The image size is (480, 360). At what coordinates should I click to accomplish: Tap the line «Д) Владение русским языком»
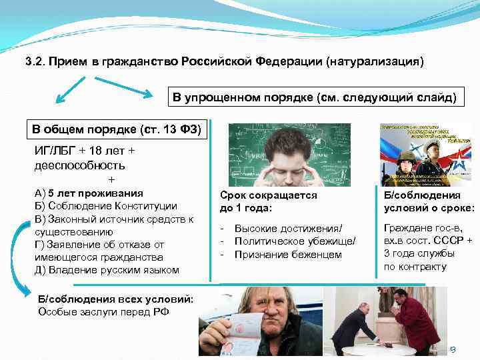[107, 270]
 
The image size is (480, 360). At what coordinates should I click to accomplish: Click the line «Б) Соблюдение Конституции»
[105, 206]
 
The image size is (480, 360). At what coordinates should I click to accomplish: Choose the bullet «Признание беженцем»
[288, 254]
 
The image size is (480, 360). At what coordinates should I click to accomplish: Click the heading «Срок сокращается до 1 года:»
[268, 202]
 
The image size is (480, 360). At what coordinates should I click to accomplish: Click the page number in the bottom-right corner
[451, 348]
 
